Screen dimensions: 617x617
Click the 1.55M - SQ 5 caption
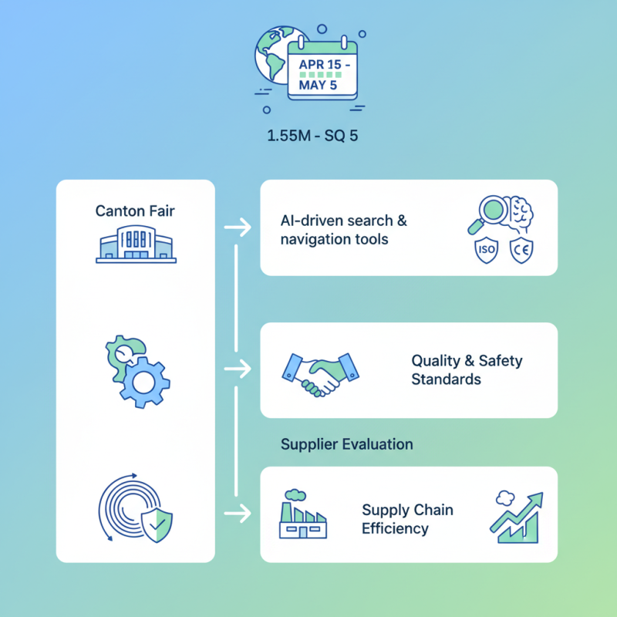point(312,137)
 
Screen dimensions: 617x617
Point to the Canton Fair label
point(134,211)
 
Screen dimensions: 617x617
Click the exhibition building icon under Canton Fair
point(135,245)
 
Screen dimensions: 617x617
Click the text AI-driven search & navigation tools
point(343,230)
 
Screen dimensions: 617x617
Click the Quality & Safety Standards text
point(467,370)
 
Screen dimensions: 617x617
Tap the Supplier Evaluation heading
point(346,444)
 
